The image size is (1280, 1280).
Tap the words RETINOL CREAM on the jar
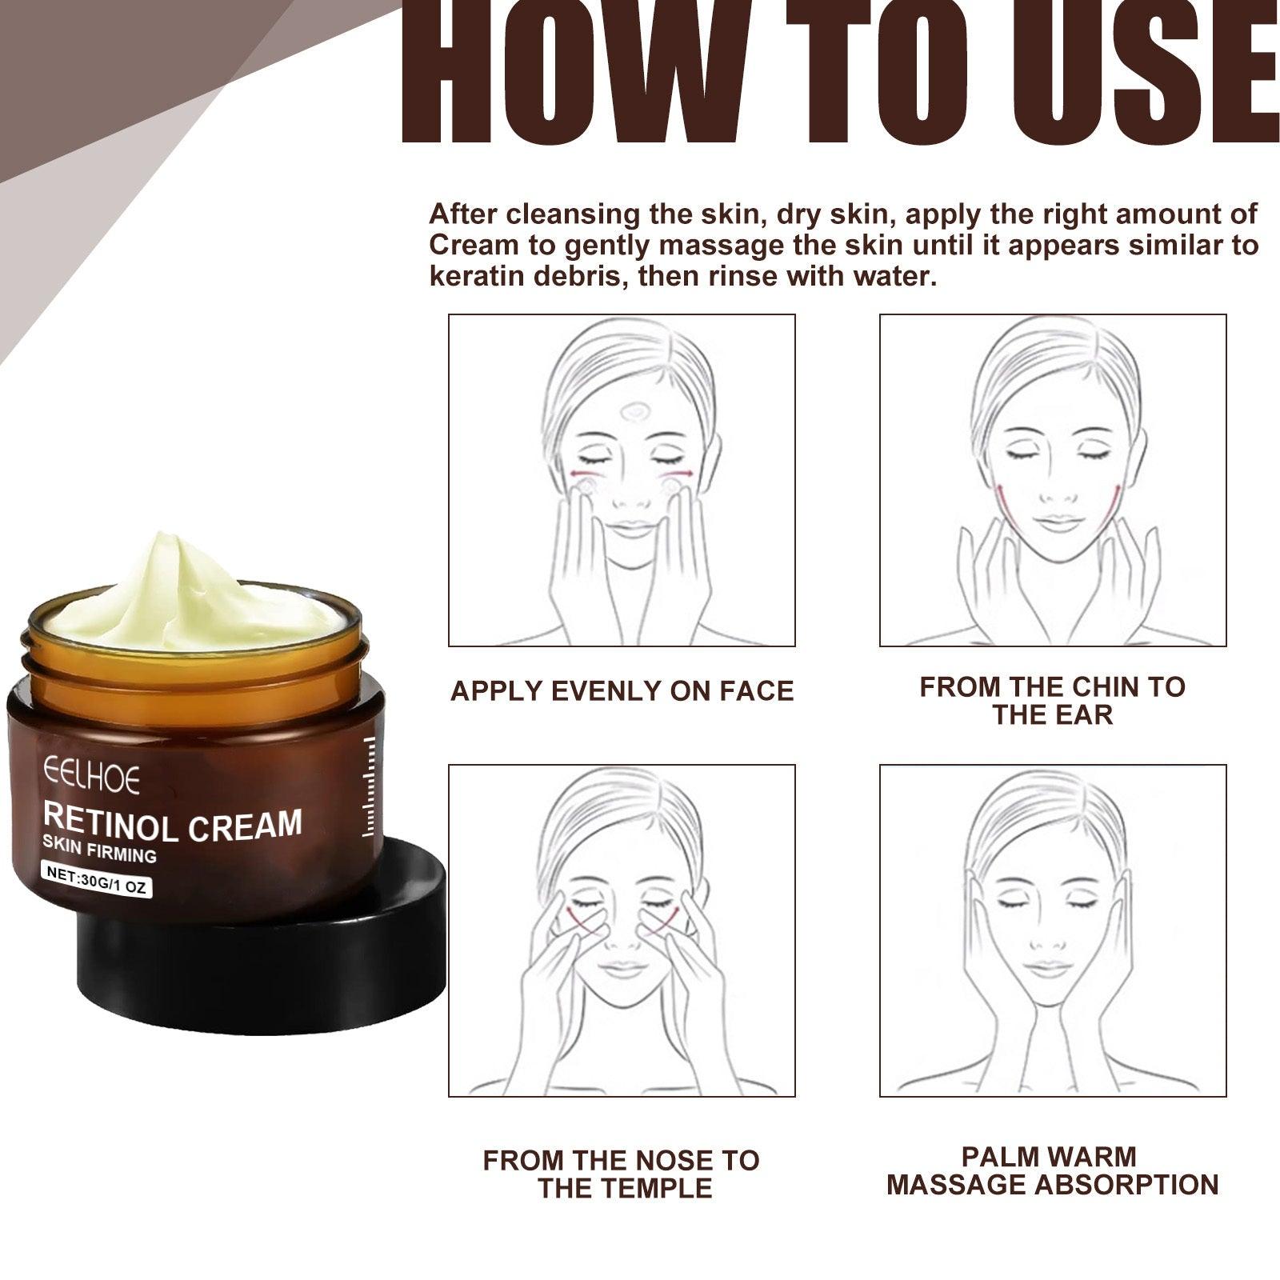point(172,824)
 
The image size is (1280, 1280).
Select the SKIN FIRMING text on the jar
point(99,851)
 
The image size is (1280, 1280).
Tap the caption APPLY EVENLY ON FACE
point(622,691)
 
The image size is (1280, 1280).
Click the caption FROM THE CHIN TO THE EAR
point(1052,700)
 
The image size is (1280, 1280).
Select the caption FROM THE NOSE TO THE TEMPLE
point(622,1174)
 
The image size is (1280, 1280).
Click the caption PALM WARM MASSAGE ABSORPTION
point(1052,1170)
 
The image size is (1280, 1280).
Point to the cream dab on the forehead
point(635,411)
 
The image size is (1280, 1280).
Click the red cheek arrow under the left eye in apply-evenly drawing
point(582,474)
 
